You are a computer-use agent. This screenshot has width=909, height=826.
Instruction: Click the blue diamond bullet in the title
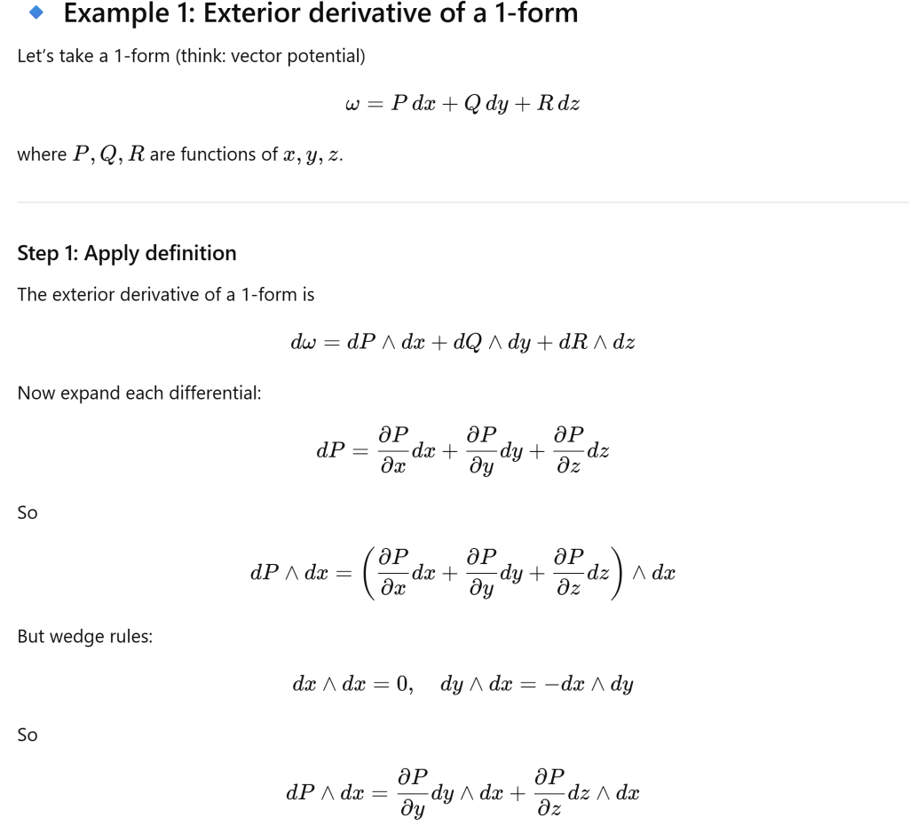(36, 13)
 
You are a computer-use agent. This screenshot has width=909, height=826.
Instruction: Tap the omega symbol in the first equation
(351, 105)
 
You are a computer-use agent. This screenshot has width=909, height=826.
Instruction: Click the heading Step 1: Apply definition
(127, 253)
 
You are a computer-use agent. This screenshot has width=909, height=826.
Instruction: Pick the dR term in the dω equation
(573, 342)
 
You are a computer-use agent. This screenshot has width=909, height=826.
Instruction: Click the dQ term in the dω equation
(468, 342)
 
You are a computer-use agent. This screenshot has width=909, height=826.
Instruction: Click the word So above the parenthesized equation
(28, 512)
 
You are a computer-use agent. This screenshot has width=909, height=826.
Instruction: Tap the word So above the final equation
(28, 735)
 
